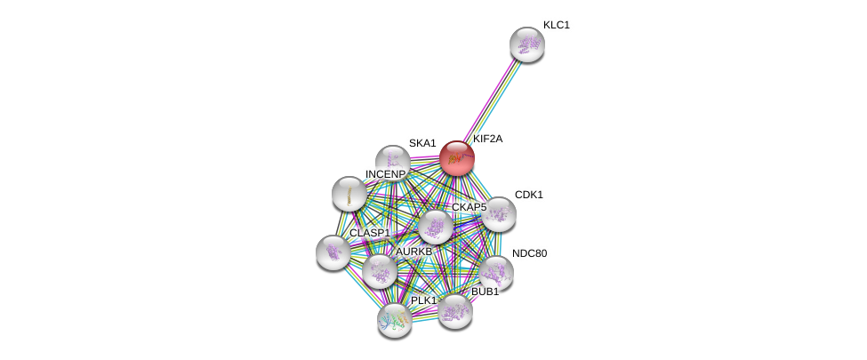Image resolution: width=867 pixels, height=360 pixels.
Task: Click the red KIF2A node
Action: coord(456,158)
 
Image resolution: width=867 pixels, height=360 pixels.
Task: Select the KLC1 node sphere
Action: coord(526,44)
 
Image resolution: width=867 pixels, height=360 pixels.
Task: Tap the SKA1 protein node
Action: coord(392,162)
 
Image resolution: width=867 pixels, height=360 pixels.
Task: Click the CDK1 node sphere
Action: coord(499,213)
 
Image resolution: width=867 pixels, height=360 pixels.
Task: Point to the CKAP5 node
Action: coord(435,228)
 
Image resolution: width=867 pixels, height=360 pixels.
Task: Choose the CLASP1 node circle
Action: coord(333,252)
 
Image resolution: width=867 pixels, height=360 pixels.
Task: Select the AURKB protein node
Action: coord(380,271)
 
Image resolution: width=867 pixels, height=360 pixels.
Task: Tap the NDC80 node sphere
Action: coord(495,272)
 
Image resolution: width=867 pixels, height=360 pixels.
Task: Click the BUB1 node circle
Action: coord(454,310)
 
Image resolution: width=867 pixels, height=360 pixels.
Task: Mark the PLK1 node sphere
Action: coord(394,319)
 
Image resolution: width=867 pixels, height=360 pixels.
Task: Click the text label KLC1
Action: coord(557,25)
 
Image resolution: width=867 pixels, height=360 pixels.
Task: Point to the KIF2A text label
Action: coord(487,139)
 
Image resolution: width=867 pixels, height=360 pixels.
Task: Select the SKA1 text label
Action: coord(422,143)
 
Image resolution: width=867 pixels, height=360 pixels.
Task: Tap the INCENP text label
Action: coord(385,174)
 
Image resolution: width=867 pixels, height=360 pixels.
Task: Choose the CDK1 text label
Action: coord(529,195)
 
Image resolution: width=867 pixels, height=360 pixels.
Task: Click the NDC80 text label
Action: coord(530,253)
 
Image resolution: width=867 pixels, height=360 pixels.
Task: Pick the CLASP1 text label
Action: coord(369,233)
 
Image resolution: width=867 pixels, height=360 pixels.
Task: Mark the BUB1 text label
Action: coord(486,292)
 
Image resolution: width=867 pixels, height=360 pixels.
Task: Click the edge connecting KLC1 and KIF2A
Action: coord(492,100)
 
